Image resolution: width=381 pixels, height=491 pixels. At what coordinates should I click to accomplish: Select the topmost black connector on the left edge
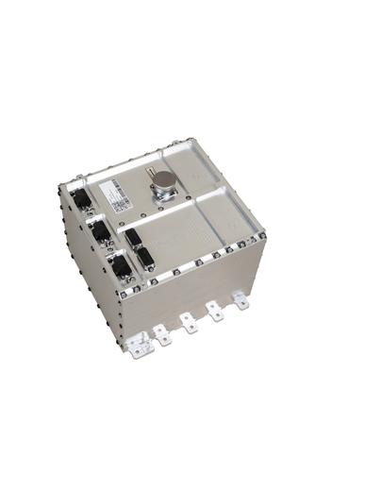click(82, 199)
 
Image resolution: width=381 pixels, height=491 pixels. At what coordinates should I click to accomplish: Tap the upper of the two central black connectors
click(133, 237)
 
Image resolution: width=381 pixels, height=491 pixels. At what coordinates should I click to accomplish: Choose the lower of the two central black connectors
click(145, 258)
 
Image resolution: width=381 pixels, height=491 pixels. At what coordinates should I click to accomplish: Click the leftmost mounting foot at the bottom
click(139, 348)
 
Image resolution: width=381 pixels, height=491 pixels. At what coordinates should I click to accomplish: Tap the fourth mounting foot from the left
click(217, 313)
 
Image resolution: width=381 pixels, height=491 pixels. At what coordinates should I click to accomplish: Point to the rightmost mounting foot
click(243, 301)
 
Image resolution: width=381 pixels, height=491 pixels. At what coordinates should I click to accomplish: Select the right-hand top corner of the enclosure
click(263, 230)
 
